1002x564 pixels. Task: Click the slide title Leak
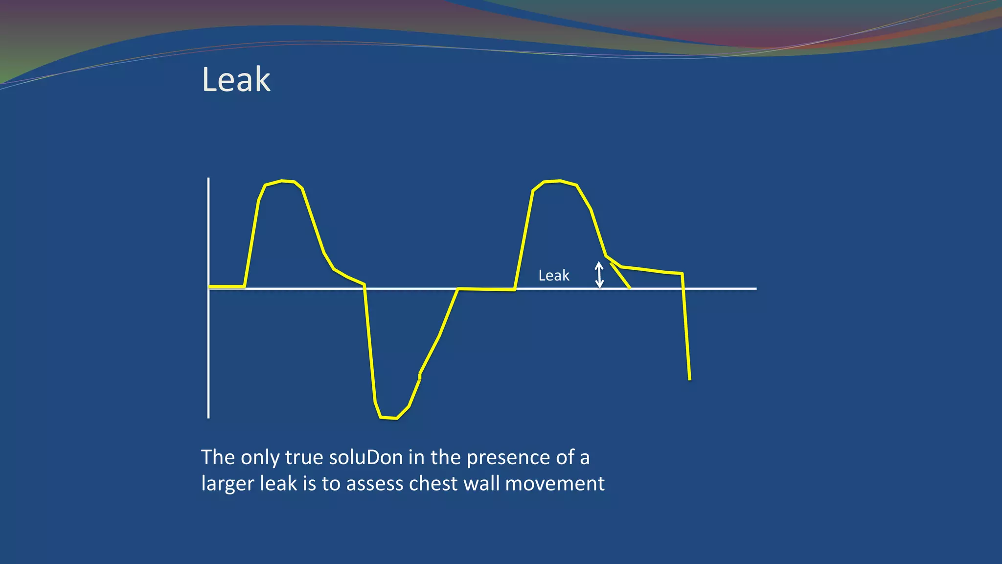tap(236, 79)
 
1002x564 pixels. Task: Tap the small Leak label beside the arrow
tap(553, 276)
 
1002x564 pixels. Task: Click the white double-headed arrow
tap(599, 275)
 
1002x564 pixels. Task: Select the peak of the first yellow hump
tap(282, 181)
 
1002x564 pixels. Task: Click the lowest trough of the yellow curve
tap(388, 418)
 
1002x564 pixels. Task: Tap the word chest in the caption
tap(433, 484)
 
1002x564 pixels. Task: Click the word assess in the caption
tap(375, 484)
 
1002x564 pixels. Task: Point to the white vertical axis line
tap(208, 343)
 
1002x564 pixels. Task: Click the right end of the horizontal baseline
tap(755, 289)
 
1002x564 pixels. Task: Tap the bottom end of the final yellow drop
tap(689, 378)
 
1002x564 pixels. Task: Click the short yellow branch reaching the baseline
tap(620, 276)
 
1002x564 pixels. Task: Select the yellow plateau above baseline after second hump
tap(651, 270)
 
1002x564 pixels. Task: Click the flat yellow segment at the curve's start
tap(227, 286)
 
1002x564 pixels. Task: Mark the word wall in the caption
tap(482, 484)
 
